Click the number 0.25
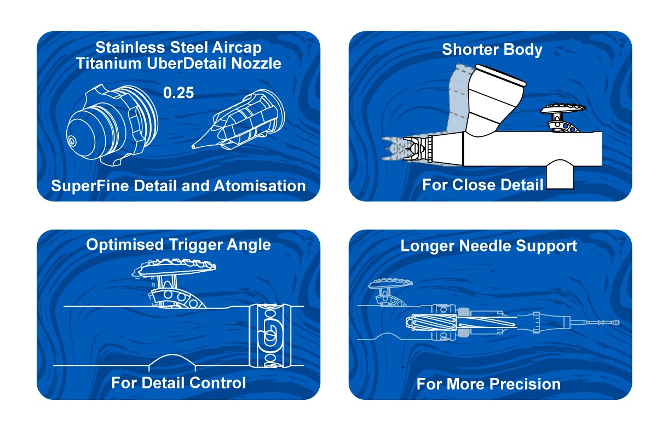178,93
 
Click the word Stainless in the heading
130,48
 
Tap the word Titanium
108,64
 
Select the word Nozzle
256,64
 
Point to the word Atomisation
260,186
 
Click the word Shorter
466,49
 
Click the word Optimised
125,245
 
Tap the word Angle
249,245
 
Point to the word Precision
526,384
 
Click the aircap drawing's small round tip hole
72,141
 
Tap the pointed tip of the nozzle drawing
193,147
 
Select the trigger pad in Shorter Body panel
563,108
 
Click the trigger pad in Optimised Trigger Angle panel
174,267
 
